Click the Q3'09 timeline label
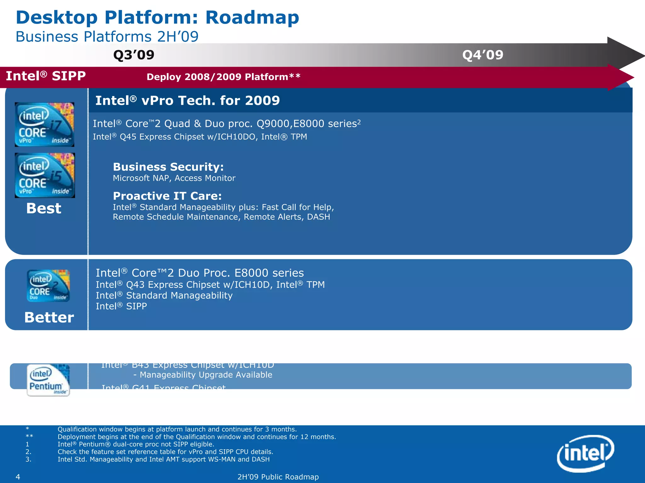pos(134,55)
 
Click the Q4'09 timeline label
pos(482,55)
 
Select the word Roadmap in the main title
pos(252,18)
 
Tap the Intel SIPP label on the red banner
pos(46,76)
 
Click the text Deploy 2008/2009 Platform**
pos(223,77)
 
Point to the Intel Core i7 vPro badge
pos(44,124)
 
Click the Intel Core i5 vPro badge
pos(45,175)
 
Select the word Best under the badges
pos(44,208)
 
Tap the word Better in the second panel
pos(49,317)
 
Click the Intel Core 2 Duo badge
pos(48,286)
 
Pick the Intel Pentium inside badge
pos(48,380)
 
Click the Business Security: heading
pos(168,167)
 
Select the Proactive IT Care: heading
pos(167,196)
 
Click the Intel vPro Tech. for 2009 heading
pos(187,101)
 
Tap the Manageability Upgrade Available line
pos(203,375)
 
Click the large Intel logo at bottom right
pos(585,453)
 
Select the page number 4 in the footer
pos(18,477)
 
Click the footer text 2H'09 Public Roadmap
pos(278,477)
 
